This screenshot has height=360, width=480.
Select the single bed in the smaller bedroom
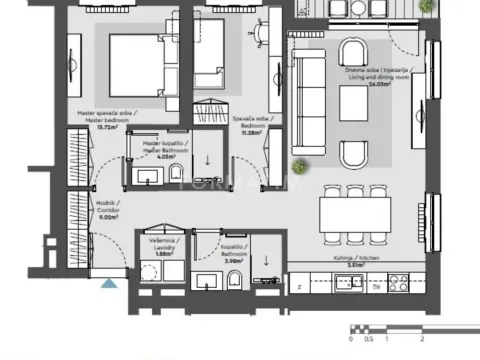211,57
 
